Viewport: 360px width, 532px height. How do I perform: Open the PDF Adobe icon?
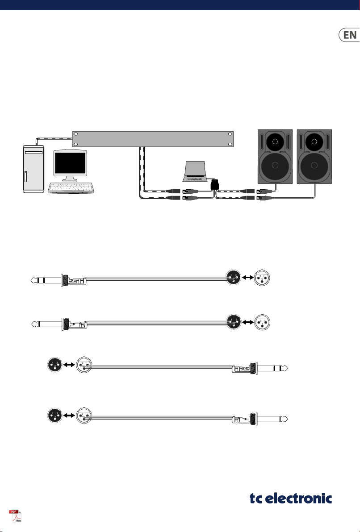[16, 515]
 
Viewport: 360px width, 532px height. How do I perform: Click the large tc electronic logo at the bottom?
[290, 498]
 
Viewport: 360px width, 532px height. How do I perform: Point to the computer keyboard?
[71, 188]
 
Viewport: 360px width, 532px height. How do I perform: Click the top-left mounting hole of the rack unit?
[76, 134]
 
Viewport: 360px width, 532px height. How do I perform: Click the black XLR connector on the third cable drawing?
[55, 365]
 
